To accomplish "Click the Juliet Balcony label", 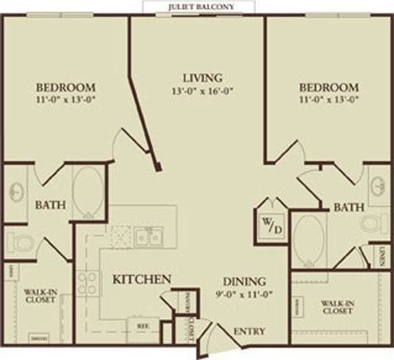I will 195,6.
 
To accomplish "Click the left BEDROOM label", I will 66,87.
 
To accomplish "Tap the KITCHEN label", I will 141,280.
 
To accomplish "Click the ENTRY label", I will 249,331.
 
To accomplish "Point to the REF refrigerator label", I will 142,325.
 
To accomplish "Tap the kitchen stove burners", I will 87,283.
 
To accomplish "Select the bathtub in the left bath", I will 87,192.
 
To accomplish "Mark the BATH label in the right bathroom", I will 348,207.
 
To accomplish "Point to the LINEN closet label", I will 384,255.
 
